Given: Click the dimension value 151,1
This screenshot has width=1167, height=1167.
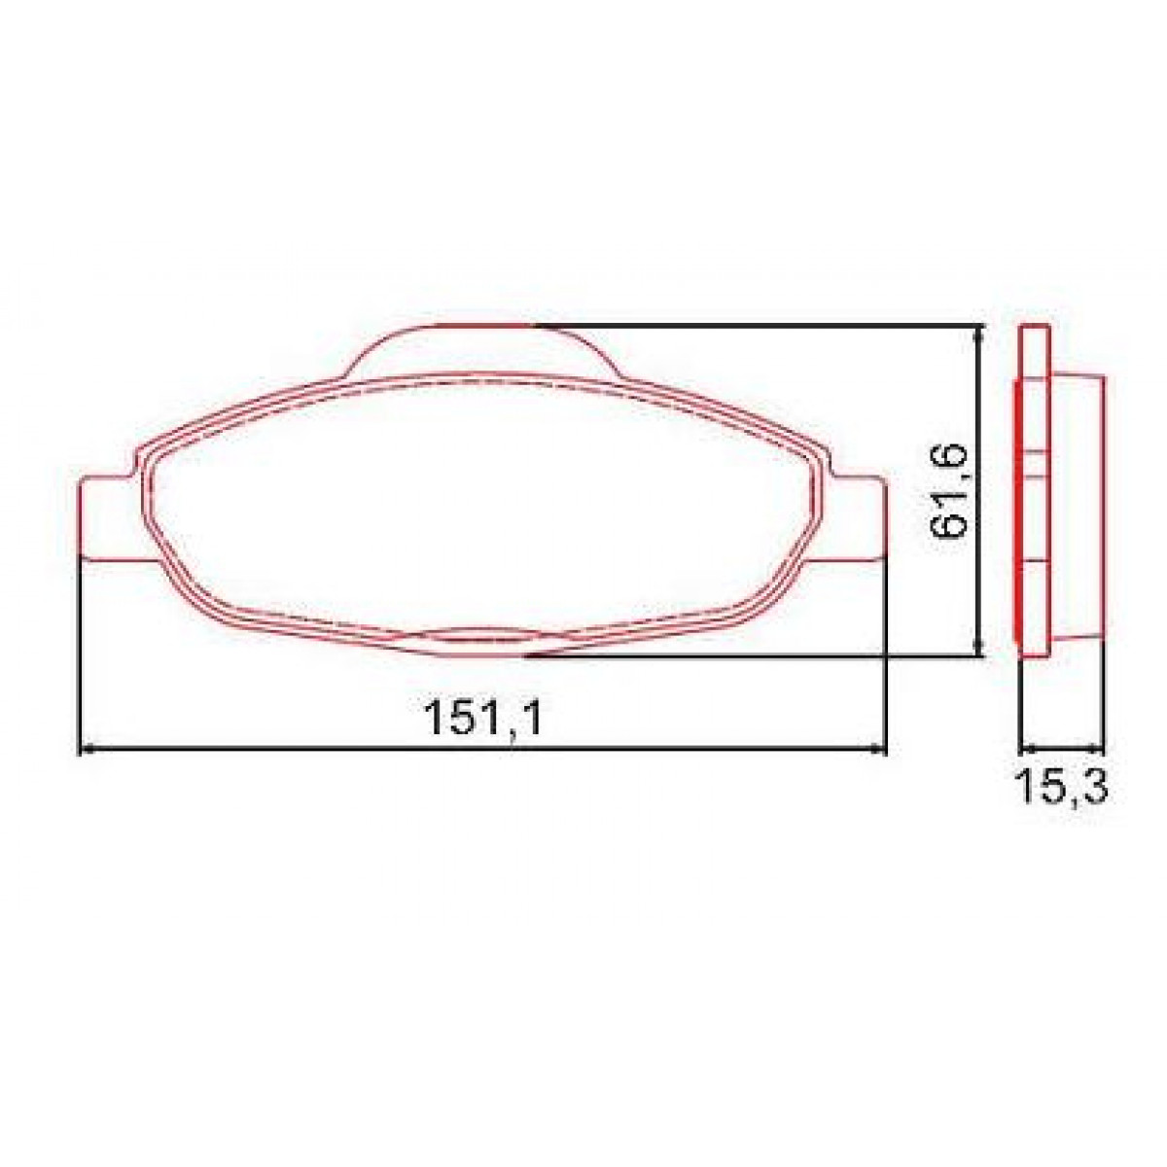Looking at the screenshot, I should [x=481, y=721].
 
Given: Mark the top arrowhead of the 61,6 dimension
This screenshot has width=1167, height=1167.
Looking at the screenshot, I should [x=978, y=334].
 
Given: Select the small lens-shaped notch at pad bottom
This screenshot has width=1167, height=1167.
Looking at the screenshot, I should [x=482, y=636].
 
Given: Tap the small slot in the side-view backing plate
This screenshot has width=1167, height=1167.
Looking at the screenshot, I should [x=1035, y=464].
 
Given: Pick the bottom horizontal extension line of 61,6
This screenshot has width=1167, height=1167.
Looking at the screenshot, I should [x=759, y=657].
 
